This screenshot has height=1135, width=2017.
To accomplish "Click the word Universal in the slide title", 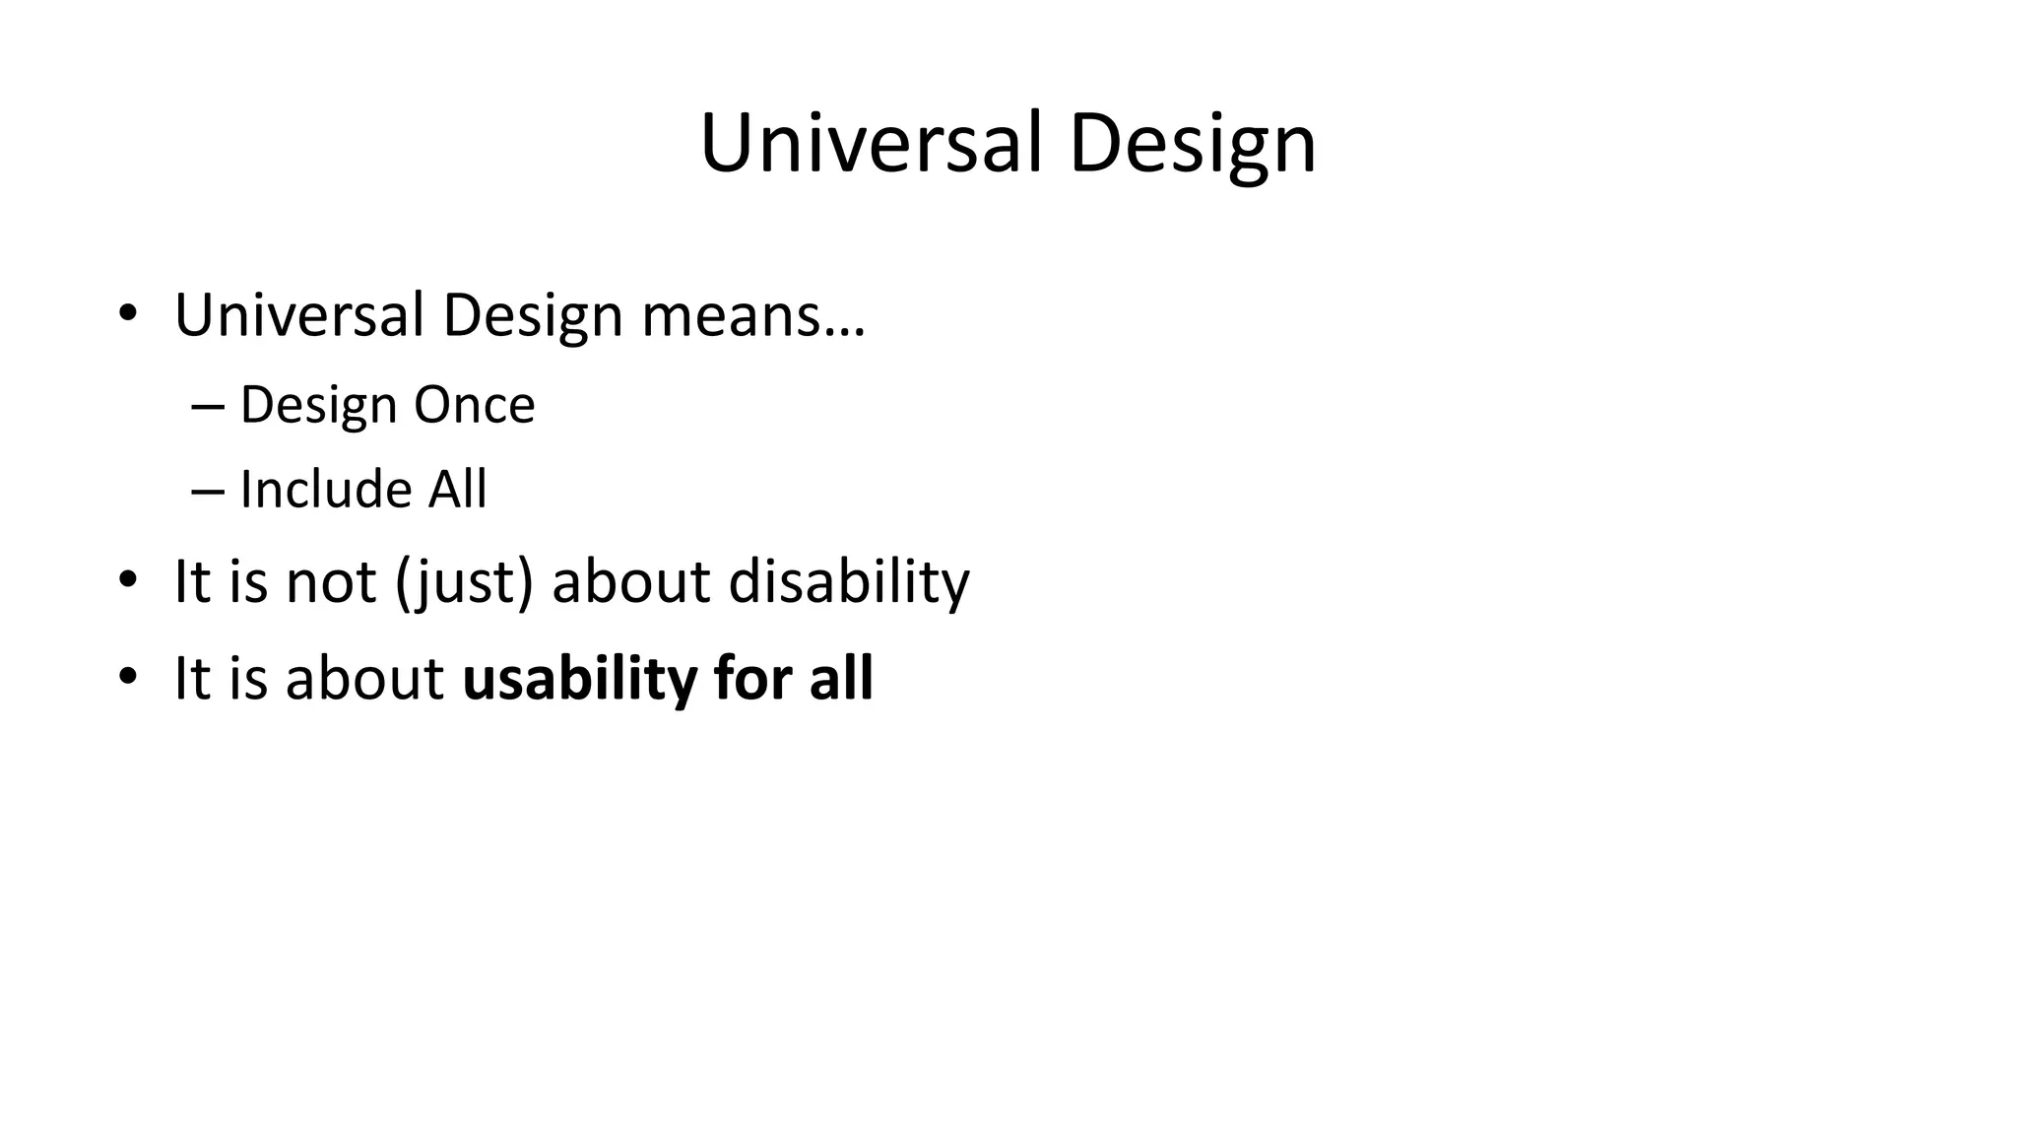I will (x=871, y=144).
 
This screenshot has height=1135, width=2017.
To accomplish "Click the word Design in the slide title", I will (x=1192, y=144).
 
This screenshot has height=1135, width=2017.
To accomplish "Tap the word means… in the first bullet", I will (x=753, y=315).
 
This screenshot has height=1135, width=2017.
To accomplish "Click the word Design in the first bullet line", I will (x=532, y=315).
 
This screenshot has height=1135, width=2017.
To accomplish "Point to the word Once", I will (x=474, y=405).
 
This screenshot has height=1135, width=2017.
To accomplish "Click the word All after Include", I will (x=457, y=489).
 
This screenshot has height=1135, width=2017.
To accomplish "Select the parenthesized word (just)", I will (x=464, y=581).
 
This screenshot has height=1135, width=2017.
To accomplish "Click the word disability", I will (x=849, y=581).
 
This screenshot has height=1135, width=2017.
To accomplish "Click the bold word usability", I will (x=579, y=679).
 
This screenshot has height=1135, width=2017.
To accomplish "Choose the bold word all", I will (x=841, y=679).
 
